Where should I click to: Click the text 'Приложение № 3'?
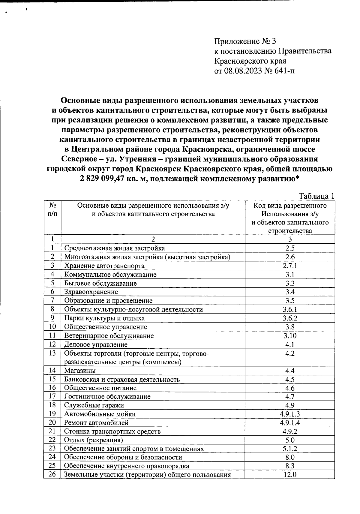[245, 41]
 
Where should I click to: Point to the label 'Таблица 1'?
[316, 196]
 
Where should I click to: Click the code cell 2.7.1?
[290, 266]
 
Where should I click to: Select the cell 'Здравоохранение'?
[91, 292]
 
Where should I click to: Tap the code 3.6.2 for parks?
[290, 318]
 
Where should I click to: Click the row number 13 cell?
[52, 353]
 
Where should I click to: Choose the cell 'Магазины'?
[80, 371]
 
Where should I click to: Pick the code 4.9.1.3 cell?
[290, 414]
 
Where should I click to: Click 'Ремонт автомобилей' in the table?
[96, 423]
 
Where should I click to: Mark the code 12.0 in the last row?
[290, 475]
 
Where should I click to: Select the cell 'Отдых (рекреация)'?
[94, 440]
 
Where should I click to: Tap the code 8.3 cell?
[290, 466]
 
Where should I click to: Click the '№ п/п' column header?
[52, 210]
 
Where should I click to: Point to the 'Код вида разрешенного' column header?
[290, 206]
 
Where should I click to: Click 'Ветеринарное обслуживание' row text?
[109, 336]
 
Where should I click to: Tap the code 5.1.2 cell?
[290, 449]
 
